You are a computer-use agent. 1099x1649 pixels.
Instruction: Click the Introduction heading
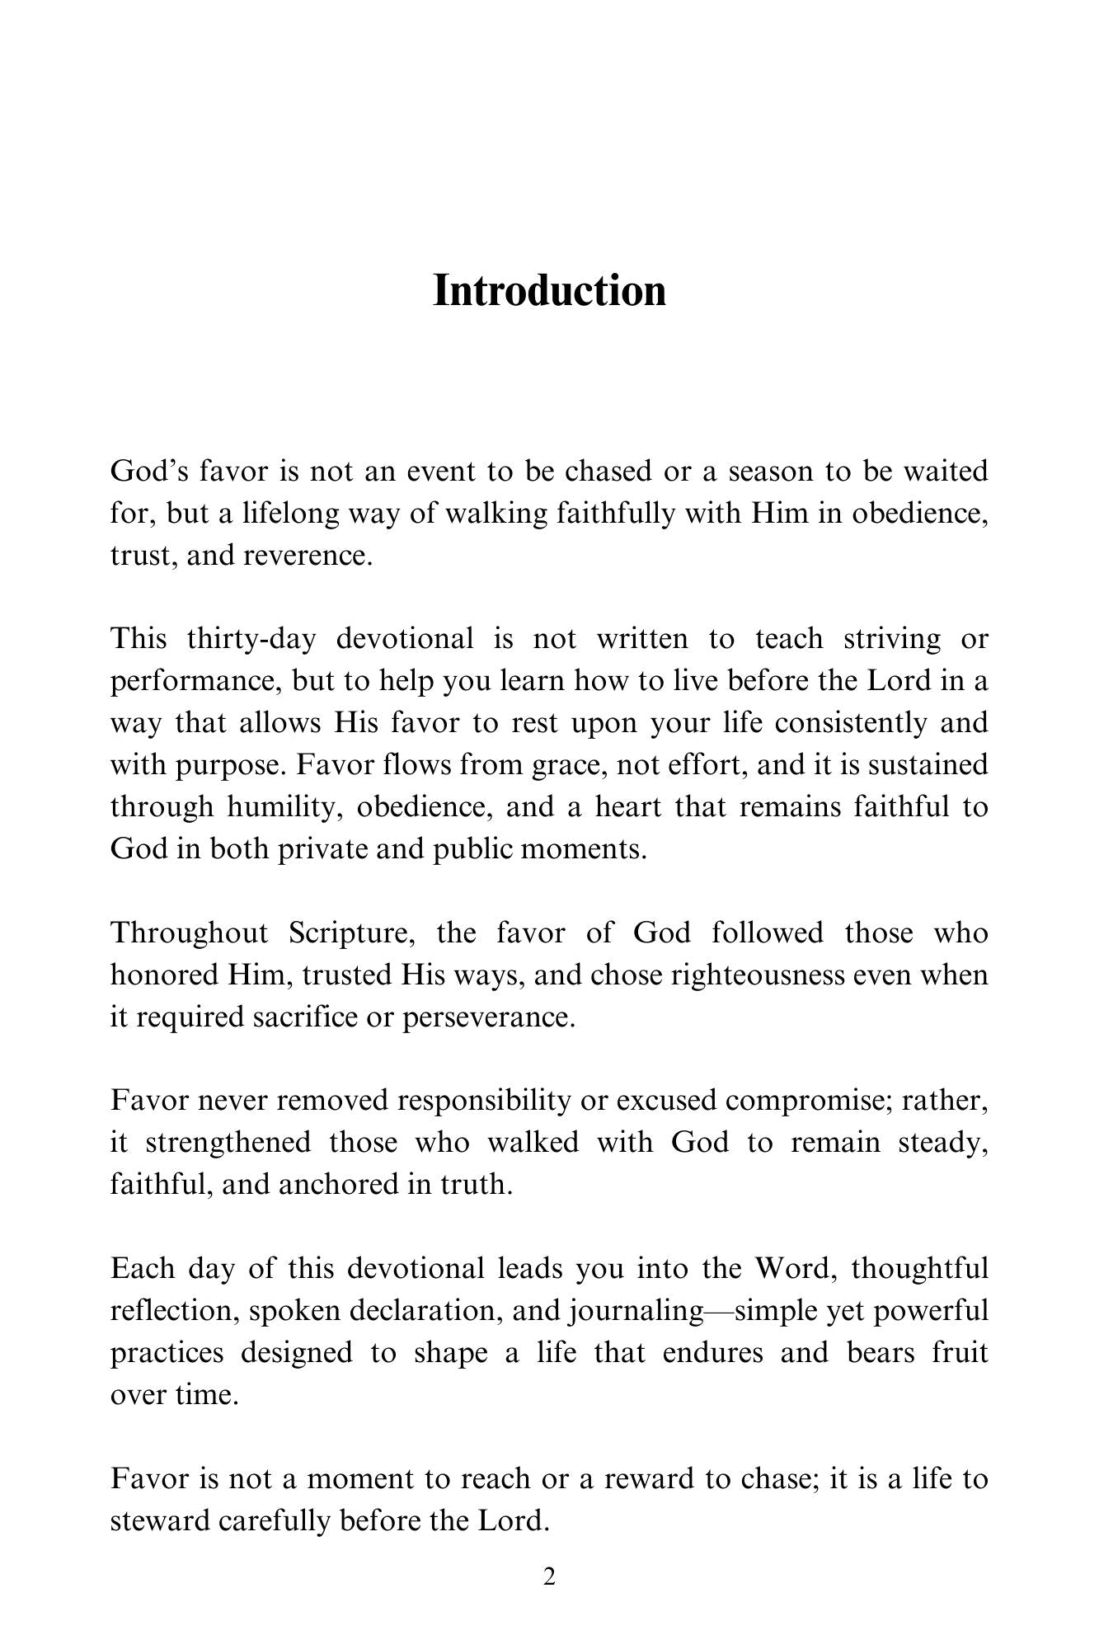(x=549, y=291)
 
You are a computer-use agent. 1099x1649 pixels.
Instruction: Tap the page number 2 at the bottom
(x=549, y=1577)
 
